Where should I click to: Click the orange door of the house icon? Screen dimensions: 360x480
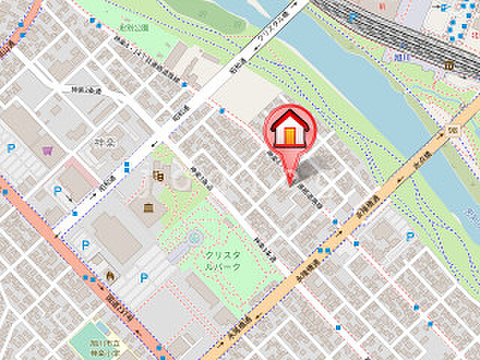(x=289, y=135)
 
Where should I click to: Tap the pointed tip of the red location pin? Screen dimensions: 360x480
(x=290, y=182)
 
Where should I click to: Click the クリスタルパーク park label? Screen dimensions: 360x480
(x=224, y=260)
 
